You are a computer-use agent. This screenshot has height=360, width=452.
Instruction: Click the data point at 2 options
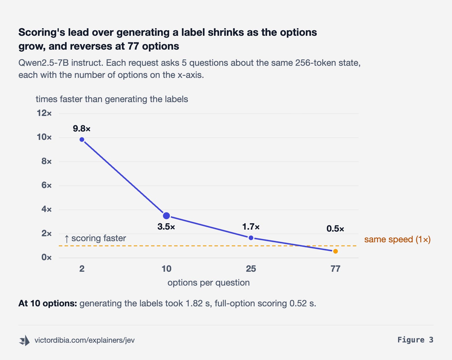coord(82,140)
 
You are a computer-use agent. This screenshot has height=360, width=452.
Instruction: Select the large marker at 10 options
coord(166,215)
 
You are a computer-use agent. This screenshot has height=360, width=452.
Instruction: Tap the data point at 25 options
coord(251,238)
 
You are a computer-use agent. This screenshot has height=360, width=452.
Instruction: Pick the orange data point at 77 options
coord(336,251)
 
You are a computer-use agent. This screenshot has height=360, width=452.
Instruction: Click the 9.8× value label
coord(82,129)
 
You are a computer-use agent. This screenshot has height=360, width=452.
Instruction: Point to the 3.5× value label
coord(166,227)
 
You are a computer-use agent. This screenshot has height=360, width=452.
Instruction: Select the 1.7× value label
coord(251,227)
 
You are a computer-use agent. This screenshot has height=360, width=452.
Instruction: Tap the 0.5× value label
coord(335,229)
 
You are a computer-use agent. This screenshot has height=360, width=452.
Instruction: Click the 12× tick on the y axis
coord(44,113)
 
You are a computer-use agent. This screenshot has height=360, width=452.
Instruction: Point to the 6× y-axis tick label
coord(46,185)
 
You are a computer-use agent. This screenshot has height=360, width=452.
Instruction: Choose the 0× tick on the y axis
coord(46,257)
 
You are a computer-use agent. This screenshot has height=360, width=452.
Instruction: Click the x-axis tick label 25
coord(251,269)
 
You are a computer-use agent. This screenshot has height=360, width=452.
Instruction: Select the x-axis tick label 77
coord(336,269)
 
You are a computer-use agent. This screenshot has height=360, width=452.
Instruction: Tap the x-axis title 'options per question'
coord(209,283)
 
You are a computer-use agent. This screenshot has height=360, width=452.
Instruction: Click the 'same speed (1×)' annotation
coord(398,239)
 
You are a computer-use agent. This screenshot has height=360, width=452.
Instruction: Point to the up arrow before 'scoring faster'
coord(67,239)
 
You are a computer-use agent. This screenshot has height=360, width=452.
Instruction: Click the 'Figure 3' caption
coord(415,340)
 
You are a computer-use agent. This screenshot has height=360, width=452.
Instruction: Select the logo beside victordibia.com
coord(25,340)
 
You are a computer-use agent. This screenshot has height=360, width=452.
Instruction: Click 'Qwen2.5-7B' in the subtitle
coord(44,63)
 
